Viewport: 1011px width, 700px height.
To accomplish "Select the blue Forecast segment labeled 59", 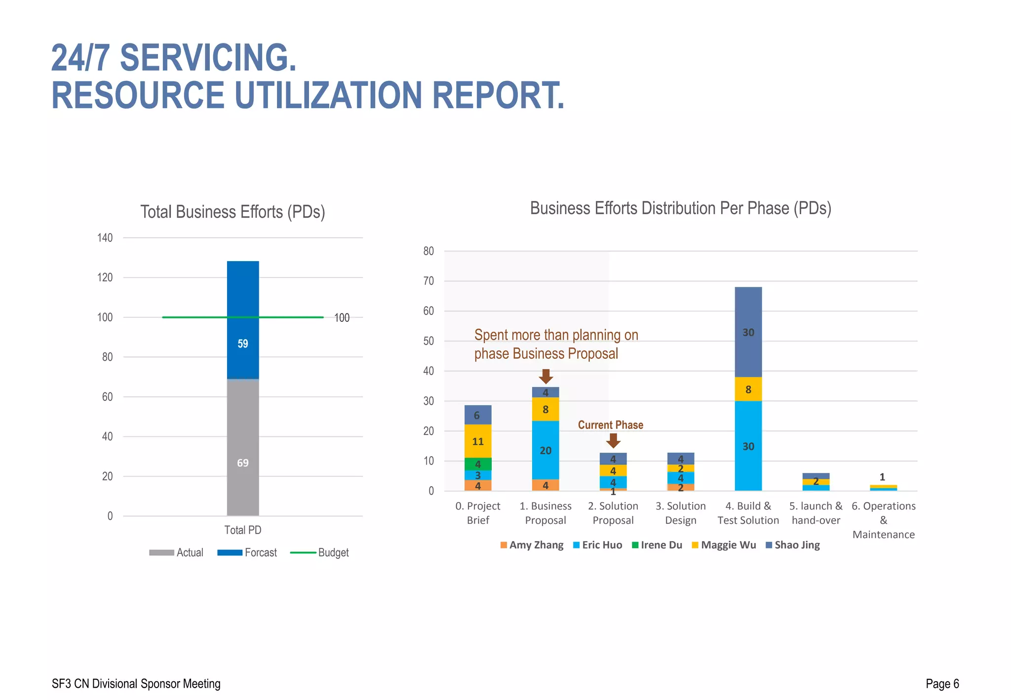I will click(x=243, y=344).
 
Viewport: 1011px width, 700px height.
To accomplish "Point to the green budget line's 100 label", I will click(x=342, y=318).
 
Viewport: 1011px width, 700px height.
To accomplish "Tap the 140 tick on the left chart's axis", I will click(x=105, y=238).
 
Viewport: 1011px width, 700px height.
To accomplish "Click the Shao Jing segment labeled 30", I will click(x=748, y=332).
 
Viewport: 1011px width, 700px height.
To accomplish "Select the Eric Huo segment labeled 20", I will click(x=545, y=450).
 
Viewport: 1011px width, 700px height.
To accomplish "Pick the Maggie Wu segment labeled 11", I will click(x=478, y=441).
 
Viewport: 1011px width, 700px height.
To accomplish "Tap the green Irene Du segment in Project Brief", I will click(x=478, y=464).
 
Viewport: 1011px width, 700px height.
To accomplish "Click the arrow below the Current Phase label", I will click(x=613, y=440).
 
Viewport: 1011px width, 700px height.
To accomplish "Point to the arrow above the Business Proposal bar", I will click(x=545, y=376).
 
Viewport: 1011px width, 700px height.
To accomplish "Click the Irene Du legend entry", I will click(x=657, y=545).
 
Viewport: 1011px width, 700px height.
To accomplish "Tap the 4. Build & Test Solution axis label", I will click(x=748, y=513).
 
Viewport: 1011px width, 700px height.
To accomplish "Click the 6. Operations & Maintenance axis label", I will click(x=883, y=520).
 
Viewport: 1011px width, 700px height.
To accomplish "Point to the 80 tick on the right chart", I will click(x=428, y=251).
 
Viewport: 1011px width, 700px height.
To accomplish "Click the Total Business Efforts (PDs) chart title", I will click(x=233, y=212).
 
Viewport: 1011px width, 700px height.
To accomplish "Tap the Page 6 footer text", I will click(x=942, y=684).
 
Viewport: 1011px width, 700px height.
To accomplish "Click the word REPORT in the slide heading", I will click(x=498, y=95).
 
